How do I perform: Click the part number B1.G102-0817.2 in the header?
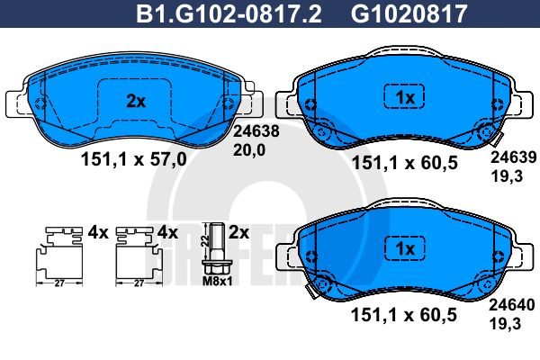[x=229, y=13]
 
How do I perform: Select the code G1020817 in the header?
[x=409, y=13]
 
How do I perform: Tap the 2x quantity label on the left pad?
[x=136, y=102]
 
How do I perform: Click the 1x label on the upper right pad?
[x=405, y=98]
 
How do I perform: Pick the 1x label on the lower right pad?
[x=405, y=248]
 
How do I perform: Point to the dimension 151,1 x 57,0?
[x=133, y=159]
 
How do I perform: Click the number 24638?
[x=256, y=131]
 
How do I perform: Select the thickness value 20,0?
[x=249, y=150]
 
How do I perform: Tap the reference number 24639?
[x=514, y=157]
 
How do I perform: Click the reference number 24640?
[x=512, y=305]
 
